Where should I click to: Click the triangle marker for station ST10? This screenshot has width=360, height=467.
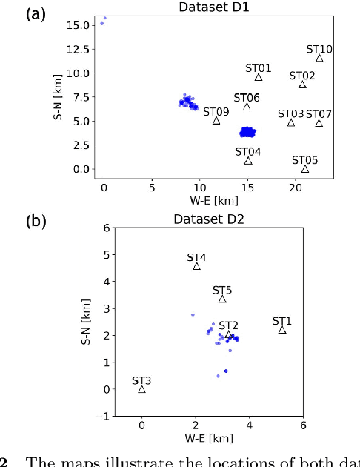tap(319, 58)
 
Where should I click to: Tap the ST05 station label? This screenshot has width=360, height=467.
tap(304, 160)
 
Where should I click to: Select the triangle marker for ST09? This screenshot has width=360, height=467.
tap(216, 120)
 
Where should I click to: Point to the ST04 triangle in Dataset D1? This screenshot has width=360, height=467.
tap(248, 160)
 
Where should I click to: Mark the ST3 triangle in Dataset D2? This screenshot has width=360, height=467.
tap(141, 389)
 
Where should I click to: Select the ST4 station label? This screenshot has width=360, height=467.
tap(196, 258)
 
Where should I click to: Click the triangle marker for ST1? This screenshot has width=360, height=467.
tap(282, 330)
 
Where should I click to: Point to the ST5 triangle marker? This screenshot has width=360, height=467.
tap(222, 299)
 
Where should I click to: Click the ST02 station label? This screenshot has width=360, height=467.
tap(302, 76)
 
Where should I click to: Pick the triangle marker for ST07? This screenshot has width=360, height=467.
tap(319, 123)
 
